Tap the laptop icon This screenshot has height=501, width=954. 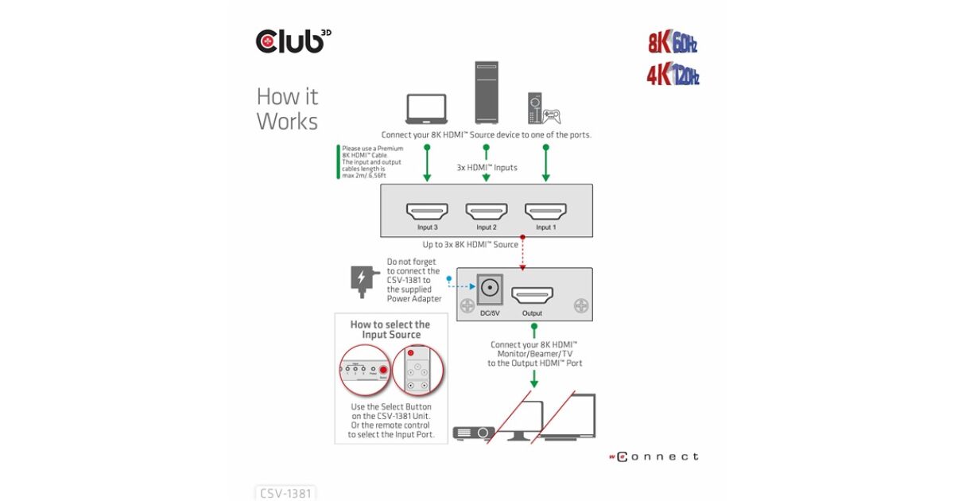coord(427,110)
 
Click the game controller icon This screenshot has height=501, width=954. coord(549,116)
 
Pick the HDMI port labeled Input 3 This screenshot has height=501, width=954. coord(427,211)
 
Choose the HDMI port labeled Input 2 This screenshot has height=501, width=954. coord(487,211)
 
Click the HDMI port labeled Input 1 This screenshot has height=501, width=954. coord(545,211)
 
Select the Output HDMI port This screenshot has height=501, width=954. coord(532,296)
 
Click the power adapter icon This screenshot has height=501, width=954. coord(361,281)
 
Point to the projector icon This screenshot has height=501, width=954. coord(473,433)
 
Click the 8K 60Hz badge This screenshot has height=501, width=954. coord(673,43)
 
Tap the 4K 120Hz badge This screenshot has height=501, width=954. coord(673,76)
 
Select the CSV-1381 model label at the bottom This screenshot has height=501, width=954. coord(286,493)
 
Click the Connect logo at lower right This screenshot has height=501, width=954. coord(654,456)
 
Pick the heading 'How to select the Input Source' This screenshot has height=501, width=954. coord(390,329)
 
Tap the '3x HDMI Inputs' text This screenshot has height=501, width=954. coord(487,167)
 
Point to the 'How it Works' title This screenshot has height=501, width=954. coord(287,109)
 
